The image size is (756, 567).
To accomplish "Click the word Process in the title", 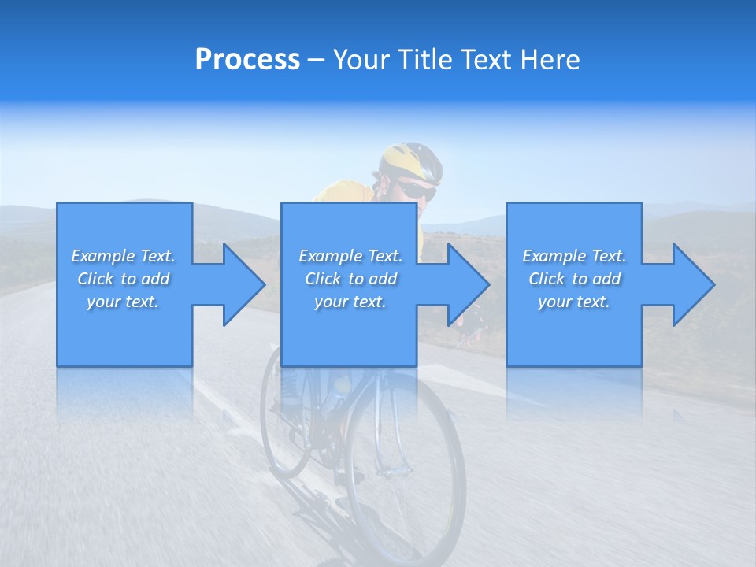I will [247, 60].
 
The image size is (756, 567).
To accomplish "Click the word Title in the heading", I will [423, 60].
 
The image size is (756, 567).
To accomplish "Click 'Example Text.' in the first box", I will [123, 256].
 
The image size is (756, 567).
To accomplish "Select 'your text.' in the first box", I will [123, 302].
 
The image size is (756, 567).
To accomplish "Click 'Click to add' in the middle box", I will [350, 279].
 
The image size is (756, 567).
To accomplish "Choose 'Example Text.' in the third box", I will [574, 256].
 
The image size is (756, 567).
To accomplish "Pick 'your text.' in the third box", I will [574, 302].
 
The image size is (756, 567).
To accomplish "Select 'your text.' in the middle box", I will [350, 302].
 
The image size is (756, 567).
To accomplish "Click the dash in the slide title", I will [316, 61].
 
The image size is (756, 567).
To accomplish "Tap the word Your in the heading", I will [360, 60].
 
